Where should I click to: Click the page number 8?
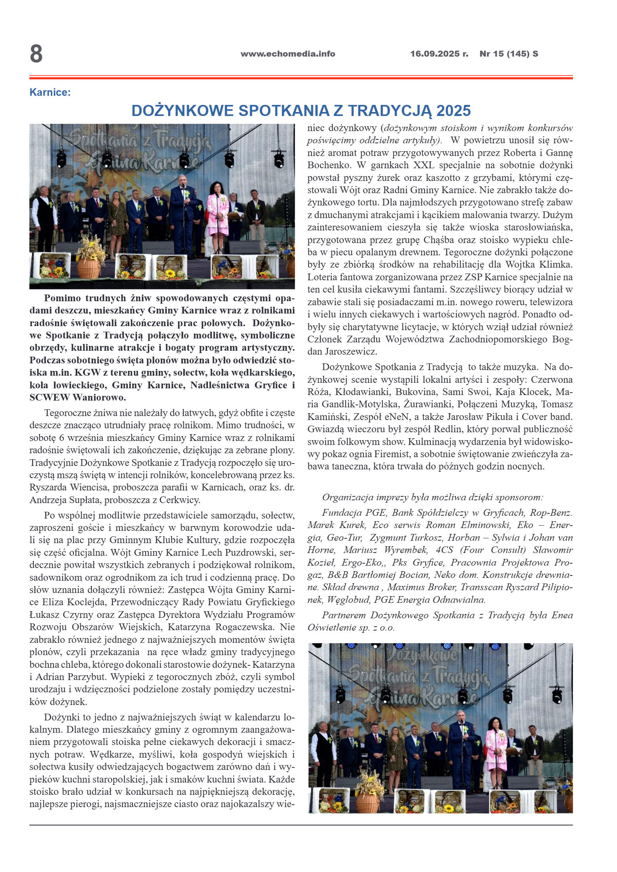(36, 54)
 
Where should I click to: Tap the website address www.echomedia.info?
(288, 54)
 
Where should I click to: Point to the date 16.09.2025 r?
(439, 54)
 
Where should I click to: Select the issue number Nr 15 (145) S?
(508, 54)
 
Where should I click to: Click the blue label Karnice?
(50, 93)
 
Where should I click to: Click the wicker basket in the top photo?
(89, 267)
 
